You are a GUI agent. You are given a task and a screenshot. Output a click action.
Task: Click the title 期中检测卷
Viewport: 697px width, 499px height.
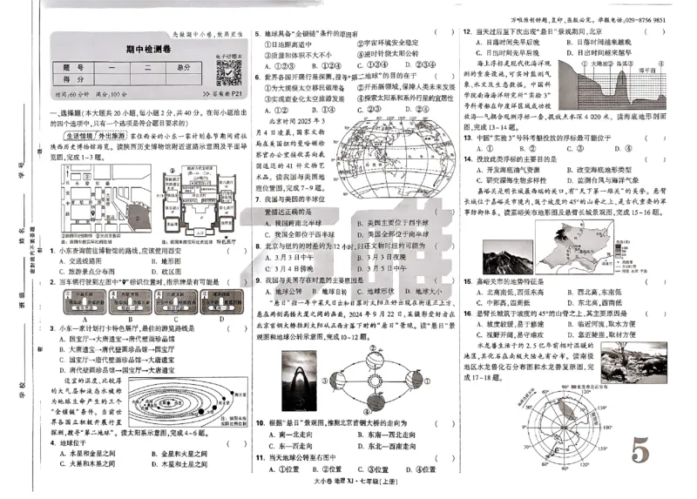[132, 50]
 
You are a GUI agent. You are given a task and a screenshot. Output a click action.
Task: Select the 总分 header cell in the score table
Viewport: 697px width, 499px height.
[183, 67]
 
